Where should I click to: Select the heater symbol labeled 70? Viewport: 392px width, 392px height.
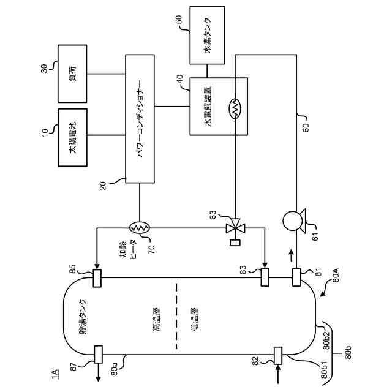[x=140, y=227]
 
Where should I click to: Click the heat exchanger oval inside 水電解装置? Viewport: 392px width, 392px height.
[x=235, y=108]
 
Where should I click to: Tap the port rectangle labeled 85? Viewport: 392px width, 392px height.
[x=97, y=278]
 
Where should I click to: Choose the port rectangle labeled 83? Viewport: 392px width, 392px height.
[x=265, y=277]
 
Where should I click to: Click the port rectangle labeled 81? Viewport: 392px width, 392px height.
[x=296, y=277]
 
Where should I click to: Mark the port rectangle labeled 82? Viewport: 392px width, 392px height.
[x=278, y=355]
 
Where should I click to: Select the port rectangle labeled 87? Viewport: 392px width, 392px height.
[x=98, y=354]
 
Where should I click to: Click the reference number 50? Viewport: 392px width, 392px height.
[x=179, y=20]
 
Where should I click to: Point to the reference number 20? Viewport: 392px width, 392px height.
[x=103, y=186]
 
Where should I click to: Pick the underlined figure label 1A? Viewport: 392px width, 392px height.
[x=55, y=374]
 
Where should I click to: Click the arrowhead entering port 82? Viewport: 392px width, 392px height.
[x=278, y=367]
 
